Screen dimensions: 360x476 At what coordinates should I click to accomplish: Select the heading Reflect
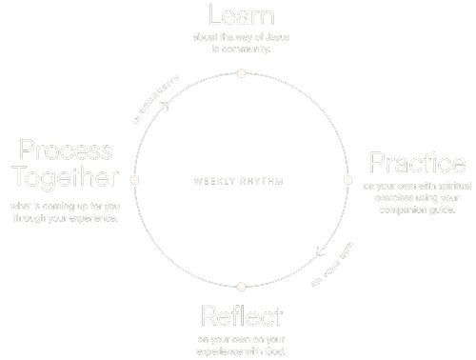point(241,315)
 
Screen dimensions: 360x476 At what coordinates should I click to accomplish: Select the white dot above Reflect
point(241,286)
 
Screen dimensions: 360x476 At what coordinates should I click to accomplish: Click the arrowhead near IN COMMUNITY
point(165,104)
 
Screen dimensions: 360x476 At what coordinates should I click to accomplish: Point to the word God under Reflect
point(272,351)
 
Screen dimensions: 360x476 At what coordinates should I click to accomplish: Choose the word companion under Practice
point(398,210)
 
